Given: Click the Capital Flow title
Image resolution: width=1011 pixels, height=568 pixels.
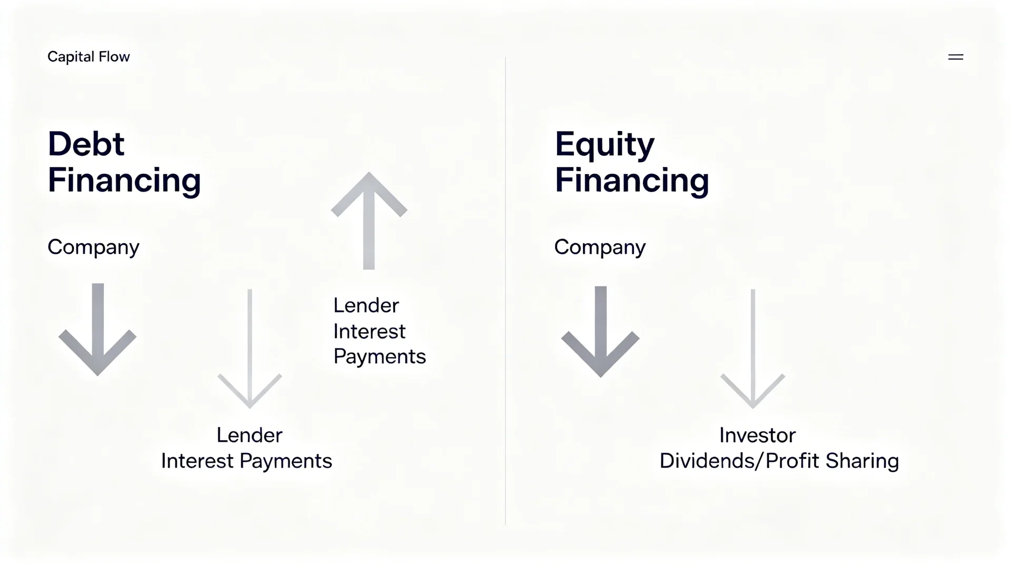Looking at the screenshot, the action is (88, 57).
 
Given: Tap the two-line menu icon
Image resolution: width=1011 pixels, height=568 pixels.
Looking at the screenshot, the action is (956, 57).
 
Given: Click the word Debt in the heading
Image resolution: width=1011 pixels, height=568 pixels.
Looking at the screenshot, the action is (86, 144).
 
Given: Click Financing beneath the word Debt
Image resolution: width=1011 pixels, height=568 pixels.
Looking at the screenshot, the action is (124, 181).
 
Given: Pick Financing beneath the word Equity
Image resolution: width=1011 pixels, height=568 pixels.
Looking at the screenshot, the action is (632, 181).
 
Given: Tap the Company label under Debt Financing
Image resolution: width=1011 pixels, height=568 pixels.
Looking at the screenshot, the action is (93, 247).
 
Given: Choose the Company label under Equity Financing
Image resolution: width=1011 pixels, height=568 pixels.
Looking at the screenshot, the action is (600, 247).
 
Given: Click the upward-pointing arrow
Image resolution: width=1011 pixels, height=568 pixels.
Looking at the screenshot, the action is (369, 221).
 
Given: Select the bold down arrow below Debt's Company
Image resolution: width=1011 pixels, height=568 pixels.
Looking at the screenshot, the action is (97, 330).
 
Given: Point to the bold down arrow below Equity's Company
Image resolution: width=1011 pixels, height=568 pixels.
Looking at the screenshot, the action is (600, 332).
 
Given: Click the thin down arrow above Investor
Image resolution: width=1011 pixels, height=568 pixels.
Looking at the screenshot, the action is (753, 348).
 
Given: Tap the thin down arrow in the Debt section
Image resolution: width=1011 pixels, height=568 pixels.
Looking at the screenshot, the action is (250, 348).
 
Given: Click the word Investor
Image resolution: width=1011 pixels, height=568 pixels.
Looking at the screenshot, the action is (757, 435).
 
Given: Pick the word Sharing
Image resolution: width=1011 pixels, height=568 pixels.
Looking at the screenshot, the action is (862, 461).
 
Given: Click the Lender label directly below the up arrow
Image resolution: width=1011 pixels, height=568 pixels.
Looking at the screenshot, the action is (366, 305).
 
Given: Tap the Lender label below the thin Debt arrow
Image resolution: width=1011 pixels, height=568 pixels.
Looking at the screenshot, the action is (250, 435).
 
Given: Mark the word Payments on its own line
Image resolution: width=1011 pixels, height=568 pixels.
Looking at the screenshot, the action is (380, 357).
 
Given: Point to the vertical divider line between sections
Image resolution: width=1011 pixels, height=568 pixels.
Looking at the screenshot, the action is (506, 291).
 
